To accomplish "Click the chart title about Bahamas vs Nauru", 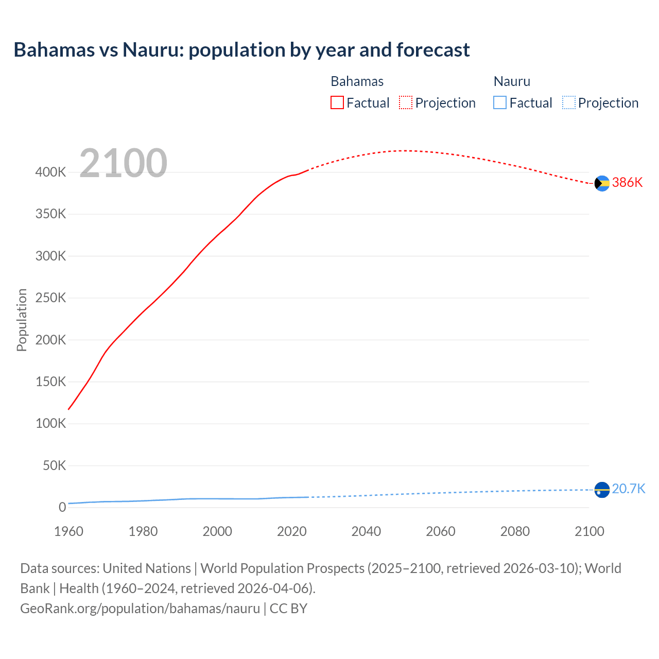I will click(241, 50).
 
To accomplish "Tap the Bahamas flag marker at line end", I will click(602, 183).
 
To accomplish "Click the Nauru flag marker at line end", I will click(602, 490).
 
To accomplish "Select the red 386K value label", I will click(627, 183).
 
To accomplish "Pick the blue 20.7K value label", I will click(629, 489).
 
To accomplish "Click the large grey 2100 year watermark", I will click(123, 163).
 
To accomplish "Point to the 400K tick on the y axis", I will click(50, 172).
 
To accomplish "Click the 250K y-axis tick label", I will click(50, 298).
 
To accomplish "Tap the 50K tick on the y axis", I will click(54, 466).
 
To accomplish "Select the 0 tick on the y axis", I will click(62, 508).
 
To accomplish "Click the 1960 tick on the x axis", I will click(68, 531).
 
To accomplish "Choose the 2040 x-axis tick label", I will click(366, 531).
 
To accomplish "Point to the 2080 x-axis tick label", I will click(515, 531).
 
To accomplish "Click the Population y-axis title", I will click(22, 320).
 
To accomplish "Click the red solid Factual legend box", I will click(337, 103).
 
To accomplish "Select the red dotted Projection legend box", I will click(406, 103).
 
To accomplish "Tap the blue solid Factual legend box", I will click(500, 103).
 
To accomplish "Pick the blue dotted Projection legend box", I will click(568, 103).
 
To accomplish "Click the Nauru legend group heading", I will click(512, 81).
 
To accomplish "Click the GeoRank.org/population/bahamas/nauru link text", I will click(140, 609).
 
